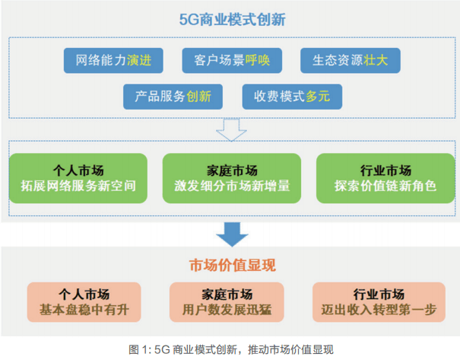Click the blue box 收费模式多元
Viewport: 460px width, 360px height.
tap(291, 97)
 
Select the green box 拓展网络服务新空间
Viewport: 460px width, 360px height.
tap(80, 177)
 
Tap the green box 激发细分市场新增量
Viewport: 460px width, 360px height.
tap(232, 177)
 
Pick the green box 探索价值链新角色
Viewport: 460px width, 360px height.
tap(384, 177)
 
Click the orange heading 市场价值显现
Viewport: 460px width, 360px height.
tap(232, 266)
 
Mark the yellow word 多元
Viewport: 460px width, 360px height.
tap(319, 97)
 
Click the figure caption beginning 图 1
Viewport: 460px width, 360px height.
tap(231, 349)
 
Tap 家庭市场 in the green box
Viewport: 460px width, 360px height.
tap(232, 169)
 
